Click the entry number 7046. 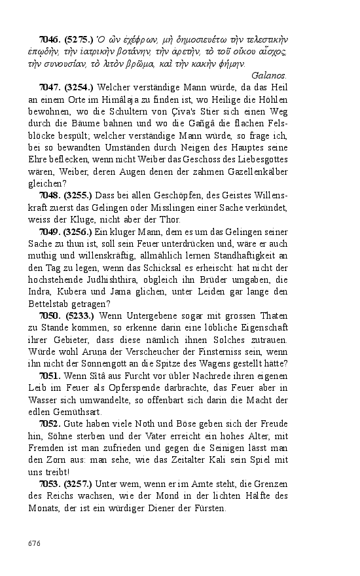point(50,40)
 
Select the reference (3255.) point(79,195)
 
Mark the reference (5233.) point(79,315)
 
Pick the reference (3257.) point(79,484)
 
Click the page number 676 point(35,543)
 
